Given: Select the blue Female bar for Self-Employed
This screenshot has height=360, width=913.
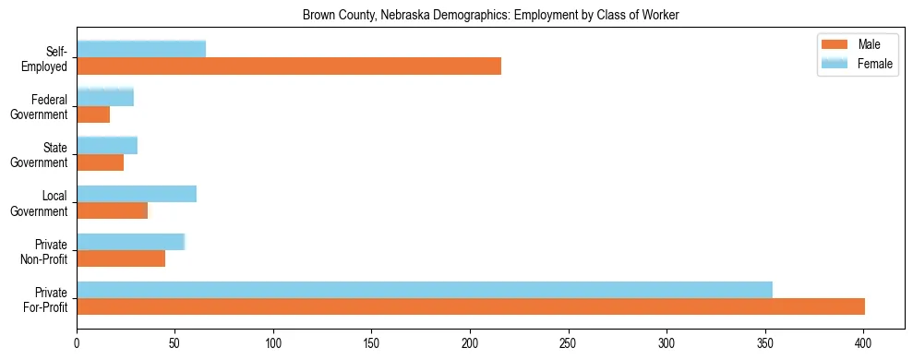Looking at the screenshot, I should [x=141, y=50].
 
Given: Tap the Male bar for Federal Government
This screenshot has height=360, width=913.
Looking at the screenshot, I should [x=93, y=114].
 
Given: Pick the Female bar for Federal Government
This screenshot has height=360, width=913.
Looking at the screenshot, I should [x=105, y=98].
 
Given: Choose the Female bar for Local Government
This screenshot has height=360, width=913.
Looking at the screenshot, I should [x=137, y=194].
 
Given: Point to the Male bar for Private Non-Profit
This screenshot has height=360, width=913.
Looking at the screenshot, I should [x=121, y=258].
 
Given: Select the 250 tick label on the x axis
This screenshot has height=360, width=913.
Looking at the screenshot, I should [x=568, y=343].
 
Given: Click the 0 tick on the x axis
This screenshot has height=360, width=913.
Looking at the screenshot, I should [x=77, y=343].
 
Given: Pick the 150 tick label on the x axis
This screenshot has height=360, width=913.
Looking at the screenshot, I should [x=371, y=343].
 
